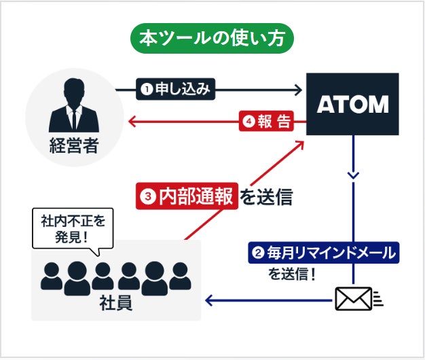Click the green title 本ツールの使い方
[x=212, y=38]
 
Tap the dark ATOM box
[x=352, y=104]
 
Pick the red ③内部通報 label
[x=186, y=196]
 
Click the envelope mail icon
[x=354, y=298]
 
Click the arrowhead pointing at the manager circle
[x=133, y=122]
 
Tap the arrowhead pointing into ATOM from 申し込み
[x=297, y=88]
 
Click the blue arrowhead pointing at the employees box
[x=210, y=299]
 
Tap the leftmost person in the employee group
[x=52, y=274]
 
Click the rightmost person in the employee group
[x=180, y=274]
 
